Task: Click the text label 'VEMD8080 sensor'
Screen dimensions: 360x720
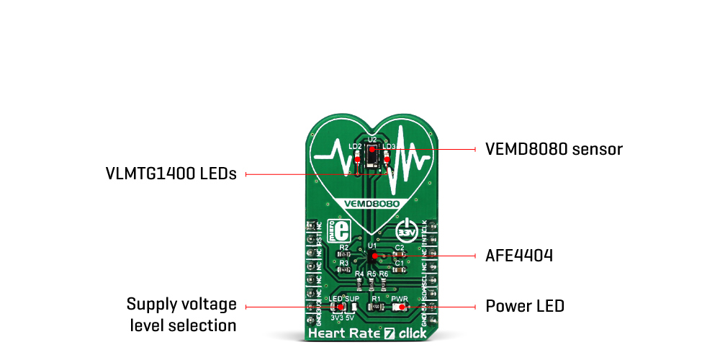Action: coord(553,149)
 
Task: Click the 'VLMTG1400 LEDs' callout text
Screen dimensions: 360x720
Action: coord(171,174)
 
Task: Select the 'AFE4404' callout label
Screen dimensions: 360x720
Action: coord(518,256)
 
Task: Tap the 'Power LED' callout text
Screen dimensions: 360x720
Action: coord(524,306)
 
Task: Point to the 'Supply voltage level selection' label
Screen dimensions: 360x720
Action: coord(181,315)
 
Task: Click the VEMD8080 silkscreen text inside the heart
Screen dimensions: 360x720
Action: coord(372,204)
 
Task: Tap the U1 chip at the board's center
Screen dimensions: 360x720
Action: coord(372,257)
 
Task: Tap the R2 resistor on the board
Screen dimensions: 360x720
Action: coord(343,255)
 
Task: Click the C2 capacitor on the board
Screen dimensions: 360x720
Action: coord(399,254)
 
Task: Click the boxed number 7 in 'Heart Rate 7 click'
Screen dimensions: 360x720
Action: coord(389,333)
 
